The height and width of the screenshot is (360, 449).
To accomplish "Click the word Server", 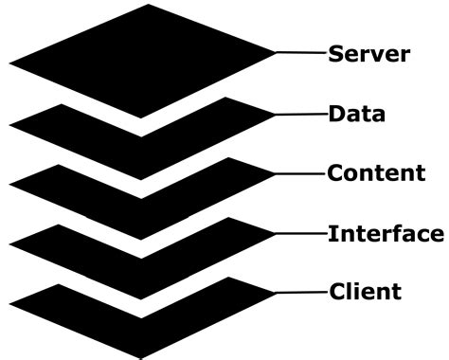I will pyautogui.click(x=368, y=53).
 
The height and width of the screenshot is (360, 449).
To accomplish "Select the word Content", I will pyautogui.click(x=376, y=173).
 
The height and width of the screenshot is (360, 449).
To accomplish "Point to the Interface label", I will pyautogui.click(x=385, y=233).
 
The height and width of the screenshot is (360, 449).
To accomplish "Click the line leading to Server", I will pyautogui.click(x=301, y=54).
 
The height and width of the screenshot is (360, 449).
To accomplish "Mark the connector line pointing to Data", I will pyautogui.click(x=301, y=115).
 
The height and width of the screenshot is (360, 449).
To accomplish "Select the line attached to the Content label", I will pyautogui.click(x=301, y=174).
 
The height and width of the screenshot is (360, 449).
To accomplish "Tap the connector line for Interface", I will pyautogui.click(x=301, y=233).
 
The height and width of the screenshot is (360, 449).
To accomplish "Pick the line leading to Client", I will pyautogui.click(x=301, y=291).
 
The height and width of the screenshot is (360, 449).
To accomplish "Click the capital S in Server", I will pyautogui.click(x=335, y=53).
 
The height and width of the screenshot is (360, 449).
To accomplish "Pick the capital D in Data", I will pyautogui.click(x=335, y=115).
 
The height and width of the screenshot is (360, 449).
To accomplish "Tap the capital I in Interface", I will pyautogui.click(x=332, y=233).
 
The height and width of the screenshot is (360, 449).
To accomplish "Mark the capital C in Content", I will pyautogui.click(x=334, y=173).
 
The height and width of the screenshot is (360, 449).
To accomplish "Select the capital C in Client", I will pyautogui.click(x=334, y=291).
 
